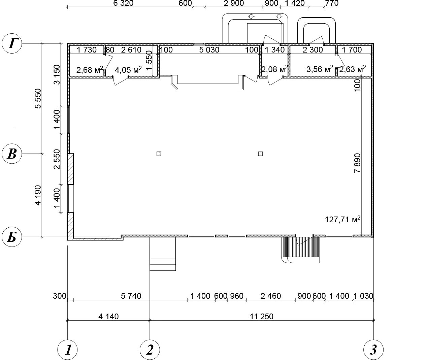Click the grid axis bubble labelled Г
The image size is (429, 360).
[x=12, y=43]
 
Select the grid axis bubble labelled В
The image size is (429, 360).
[x=12, y=154]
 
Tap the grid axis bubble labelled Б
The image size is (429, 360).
[x=12, y=237]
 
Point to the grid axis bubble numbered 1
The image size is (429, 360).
[x=67, y=350]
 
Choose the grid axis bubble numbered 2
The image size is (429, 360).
[x=150, y=350]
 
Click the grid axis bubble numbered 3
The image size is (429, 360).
[x=373, y=350]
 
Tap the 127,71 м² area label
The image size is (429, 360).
[x=342, y=220]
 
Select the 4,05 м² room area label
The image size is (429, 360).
[x=128, y=70]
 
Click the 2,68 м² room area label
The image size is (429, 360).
[x=90, y=70]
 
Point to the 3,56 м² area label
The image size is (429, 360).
[x=320, y=69]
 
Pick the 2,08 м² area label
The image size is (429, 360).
[x=274, y=69]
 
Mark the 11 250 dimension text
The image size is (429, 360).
[x=262, y=317]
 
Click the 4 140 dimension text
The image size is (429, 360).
[x=108, y=317]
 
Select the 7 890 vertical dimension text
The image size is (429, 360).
[x=357, y=163]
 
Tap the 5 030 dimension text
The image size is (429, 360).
[x=209, y=50]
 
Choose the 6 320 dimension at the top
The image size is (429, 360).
[x=123, y=3]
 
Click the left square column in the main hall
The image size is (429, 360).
[x=159, y=154]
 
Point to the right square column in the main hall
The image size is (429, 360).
[x=260, y=154]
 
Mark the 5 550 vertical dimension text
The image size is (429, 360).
[x=38, y=98]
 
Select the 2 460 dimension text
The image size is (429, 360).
[x=271, y=296]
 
